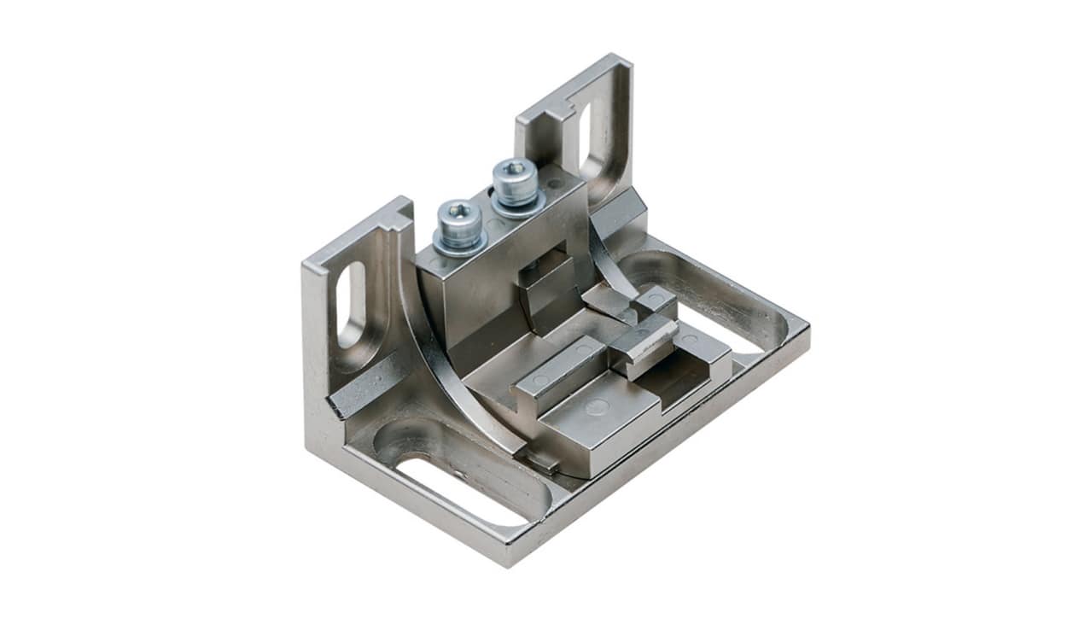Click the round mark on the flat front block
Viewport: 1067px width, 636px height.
tap(598, 407)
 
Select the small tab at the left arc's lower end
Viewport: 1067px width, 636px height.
tap(541, 461)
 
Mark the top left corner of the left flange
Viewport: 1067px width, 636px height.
tap(306, 260)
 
